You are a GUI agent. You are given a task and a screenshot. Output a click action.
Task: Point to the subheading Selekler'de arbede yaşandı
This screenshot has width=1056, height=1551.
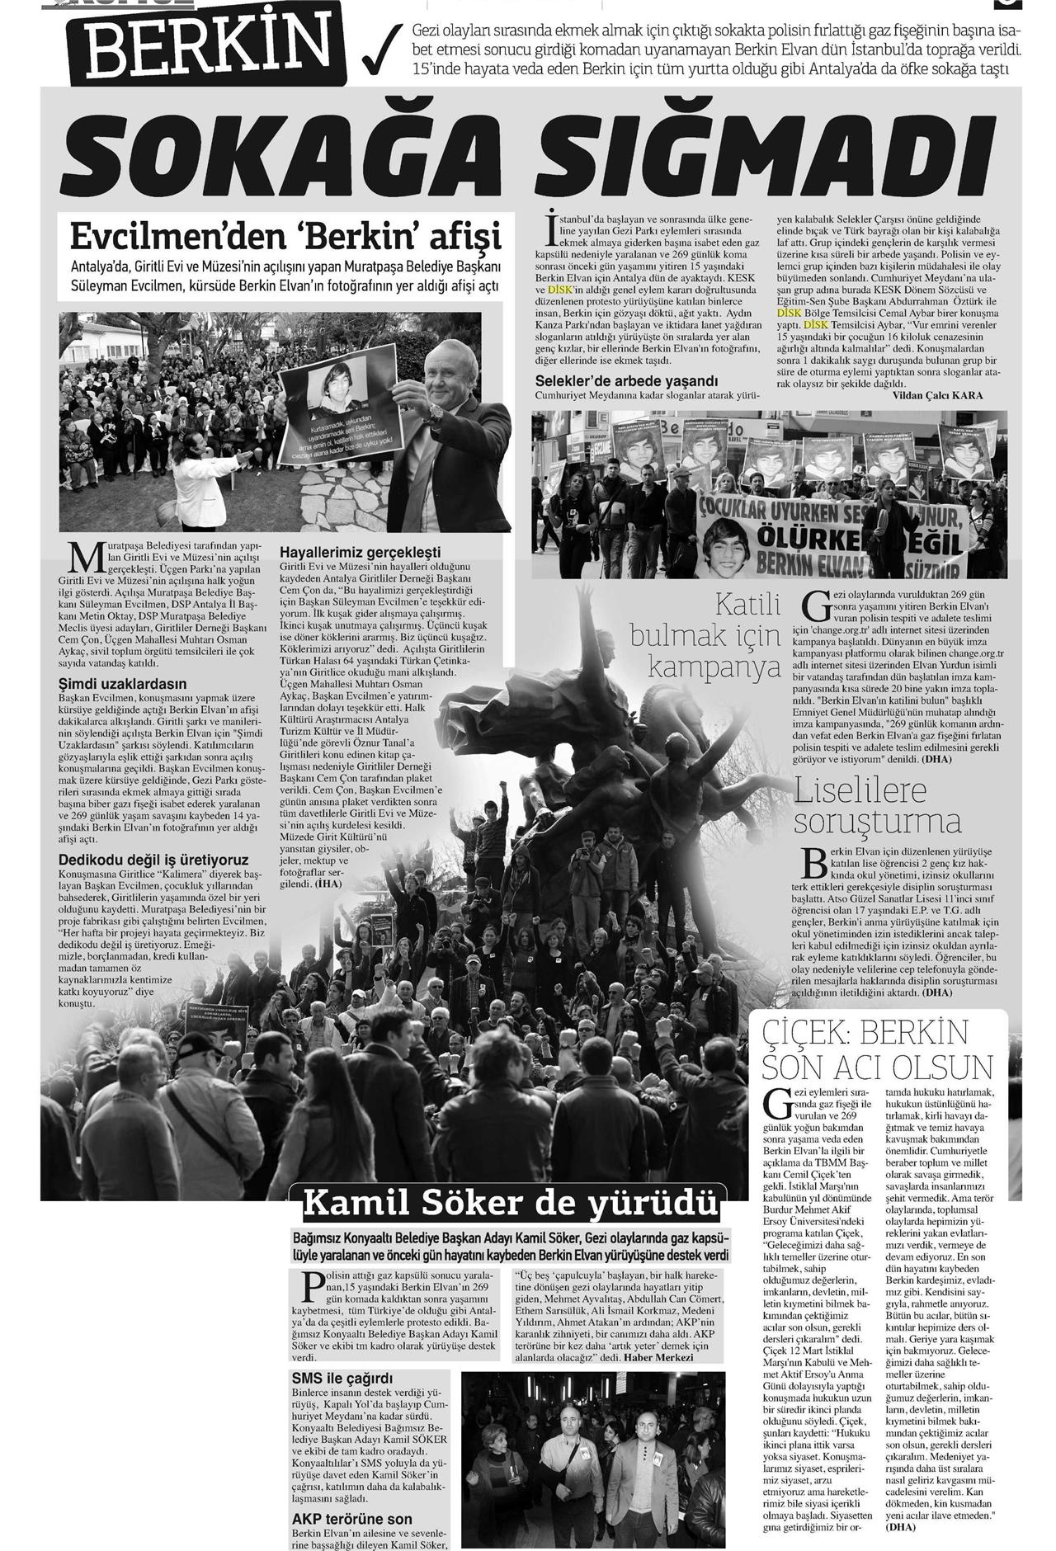(626, 381)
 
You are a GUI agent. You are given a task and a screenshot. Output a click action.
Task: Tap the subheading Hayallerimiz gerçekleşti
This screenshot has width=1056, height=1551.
(360, 552)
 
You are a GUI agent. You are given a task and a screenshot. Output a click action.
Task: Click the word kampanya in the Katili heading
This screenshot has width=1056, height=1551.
(715, 667)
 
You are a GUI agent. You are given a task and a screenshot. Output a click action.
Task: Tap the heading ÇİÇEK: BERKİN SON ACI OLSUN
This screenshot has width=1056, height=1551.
(876, 1048)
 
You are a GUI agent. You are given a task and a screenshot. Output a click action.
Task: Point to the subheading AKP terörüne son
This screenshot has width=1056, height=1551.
(351, 1519)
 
